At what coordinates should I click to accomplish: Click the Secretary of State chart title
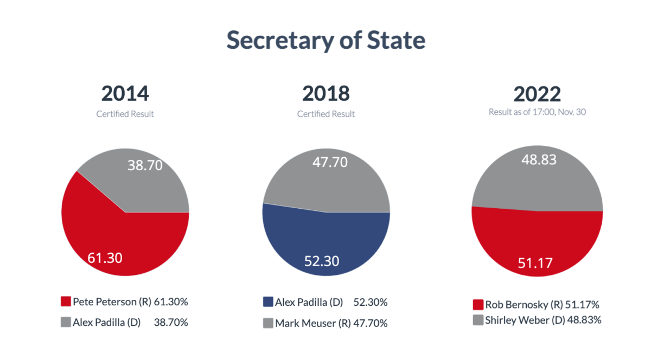325,41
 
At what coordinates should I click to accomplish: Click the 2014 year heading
125,94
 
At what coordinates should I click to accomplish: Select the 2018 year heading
326,94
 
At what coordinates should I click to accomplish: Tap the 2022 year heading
537,94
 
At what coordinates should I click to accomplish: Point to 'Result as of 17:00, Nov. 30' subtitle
537,112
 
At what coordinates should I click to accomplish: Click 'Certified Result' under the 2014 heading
125,114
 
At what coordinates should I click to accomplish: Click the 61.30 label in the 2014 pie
105,258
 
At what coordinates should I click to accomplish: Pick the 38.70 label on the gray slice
145,165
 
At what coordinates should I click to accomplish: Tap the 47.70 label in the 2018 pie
330,162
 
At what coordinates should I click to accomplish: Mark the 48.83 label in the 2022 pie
539,160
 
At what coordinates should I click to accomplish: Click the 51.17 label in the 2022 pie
535,263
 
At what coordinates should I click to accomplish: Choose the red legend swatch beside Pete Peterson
66,301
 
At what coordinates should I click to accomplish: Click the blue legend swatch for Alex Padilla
268,302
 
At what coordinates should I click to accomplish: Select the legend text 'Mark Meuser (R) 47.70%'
331,323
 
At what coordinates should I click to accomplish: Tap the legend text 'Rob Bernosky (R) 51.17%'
542,304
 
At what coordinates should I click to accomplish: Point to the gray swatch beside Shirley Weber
478,320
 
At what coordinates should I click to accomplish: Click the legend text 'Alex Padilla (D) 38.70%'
130,322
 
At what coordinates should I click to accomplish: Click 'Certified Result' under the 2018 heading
326,114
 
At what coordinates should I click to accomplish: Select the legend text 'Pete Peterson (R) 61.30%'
130,301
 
